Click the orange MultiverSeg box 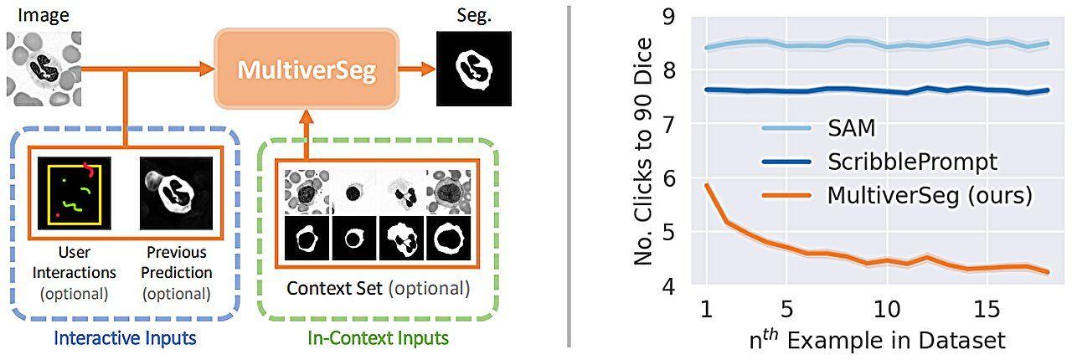pyautogui.click(x=306, y=70)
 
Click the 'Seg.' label pyautogui.click(x=472, y=16)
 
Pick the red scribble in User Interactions pyautogui.click(x=88, y=170)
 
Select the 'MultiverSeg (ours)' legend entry pyautogui.click(x=929, y=195)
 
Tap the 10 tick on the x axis pyautogui.click(x=887, y=309)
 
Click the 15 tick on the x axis pyautogui.click(x=987, y=309)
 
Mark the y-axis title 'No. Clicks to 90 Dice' pyautogui.click(x=642, y=151)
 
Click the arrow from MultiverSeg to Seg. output pyautogui.click(x=415, y=70)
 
